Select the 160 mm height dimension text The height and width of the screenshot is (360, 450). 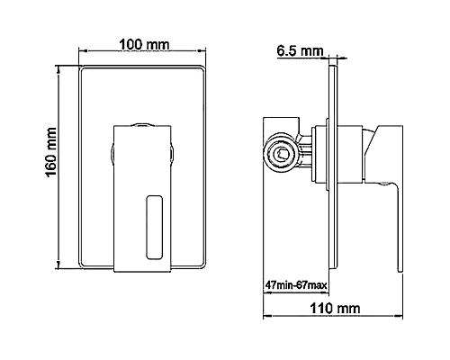(x=52, y=154)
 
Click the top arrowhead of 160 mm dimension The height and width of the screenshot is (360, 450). (x=61, y=71)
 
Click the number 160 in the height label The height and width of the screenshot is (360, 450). (x=52, y=164)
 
